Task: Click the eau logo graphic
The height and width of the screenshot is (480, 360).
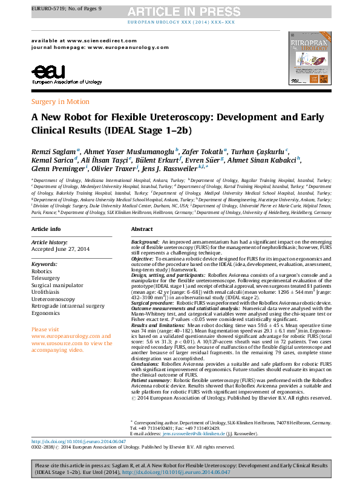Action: [46, 73]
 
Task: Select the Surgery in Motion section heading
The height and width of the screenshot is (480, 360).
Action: [60, 102]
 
